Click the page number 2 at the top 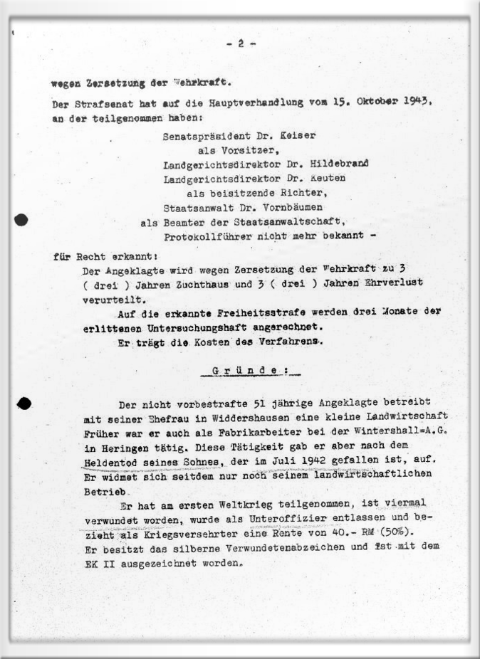[241, 43]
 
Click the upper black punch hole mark [21, 220]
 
